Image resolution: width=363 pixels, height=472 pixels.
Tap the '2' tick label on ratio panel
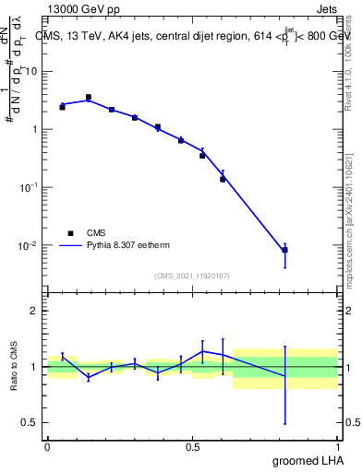coord(34,311)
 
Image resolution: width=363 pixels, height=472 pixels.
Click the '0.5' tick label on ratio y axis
coord(30,422)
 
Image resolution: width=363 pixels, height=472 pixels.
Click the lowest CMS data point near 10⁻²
coord(284,250)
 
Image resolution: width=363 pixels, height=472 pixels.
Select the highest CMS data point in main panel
coord(88,97)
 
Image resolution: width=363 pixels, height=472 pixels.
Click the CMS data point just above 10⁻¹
coord(223,179)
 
